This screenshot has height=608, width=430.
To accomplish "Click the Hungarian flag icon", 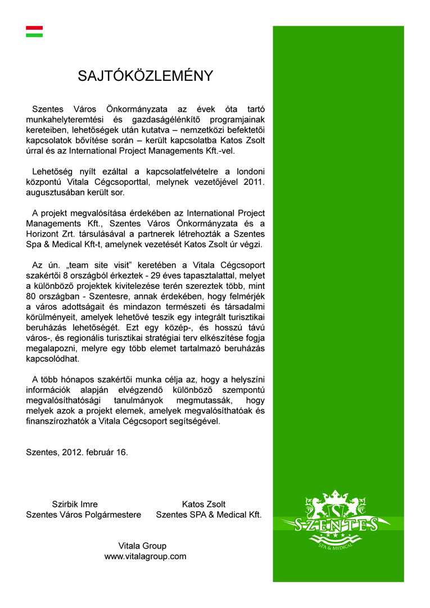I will point(34,31).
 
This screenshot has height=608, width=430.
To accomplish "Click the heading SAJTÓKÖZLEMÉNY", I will point(146,76).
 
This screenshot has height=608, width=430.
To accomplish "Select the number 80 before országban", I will point(33,297).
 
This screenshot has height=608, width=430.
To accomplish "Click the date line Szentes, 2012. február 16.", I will point(77,452).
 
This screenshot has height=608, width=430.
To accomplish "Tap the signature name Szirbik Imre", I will point(75,504).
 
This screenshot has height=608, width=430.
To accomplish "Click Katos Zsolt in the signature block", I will point(203,504).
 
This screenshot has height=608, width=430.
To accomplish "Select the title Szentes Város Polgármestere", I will point(84,514).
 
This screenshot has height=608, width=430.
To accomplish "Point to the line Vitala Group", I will point(142,546).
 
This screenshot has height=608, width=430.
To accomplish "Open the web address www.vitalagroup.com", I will point(145,556).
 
